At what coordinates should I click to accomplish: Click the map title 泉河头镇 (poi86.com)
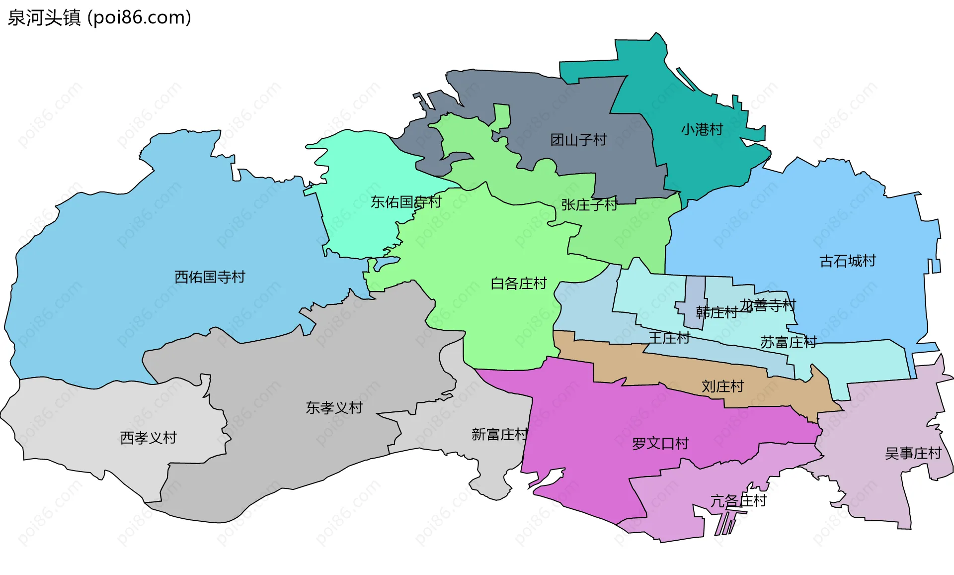99,17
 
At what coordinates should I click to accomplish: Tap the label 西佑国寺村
210,277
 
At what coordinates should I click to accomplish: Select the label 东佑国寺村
406,202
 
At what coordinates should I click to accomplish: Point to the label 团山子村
578,140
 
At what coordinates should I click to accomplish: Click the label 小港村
702,130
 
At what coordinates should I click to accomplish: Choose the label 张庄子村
589,204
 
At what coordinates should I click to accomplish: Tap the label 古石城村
847,261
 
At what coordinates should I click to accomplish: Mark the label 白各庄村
518,284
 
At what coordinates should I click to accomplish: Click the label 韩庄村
716,312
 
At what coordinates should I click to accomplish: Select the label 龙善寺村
768,305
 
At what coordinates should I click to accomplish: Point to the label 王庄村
669,338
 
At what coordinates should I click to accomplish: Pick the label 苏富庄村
789,342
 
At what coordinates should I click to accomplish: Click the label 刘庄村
722,386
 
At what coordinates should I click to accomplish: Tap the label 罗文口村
660,443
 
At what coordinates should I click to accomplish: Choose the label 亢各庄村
738,500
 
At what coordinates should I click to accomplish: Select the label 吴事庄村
913,453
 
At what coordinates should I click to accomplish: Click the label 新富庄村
499,434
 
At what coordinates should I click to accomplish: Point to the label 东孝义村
334,408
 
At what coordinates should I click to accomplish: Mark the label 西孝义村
148,438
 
